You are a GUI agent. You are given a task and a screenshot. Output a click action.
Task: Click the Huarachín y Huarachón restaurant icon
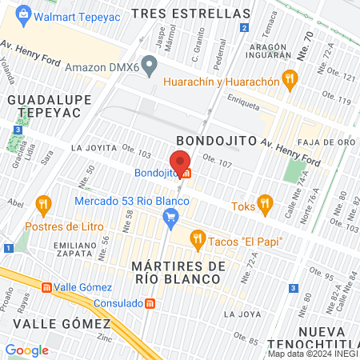(290, 80)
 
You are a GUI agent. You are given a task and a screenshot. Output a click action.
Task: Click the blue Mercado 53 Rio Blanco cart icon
(170, 216)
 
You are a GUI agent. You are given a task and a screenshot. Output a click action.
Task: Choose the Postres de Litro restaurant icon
(43, 206)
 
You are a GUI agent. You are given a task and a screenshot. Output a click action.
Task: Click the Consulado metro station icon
(150, 303)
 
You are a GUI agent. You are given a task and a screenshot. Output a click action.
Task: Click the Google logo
(26, 350)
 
